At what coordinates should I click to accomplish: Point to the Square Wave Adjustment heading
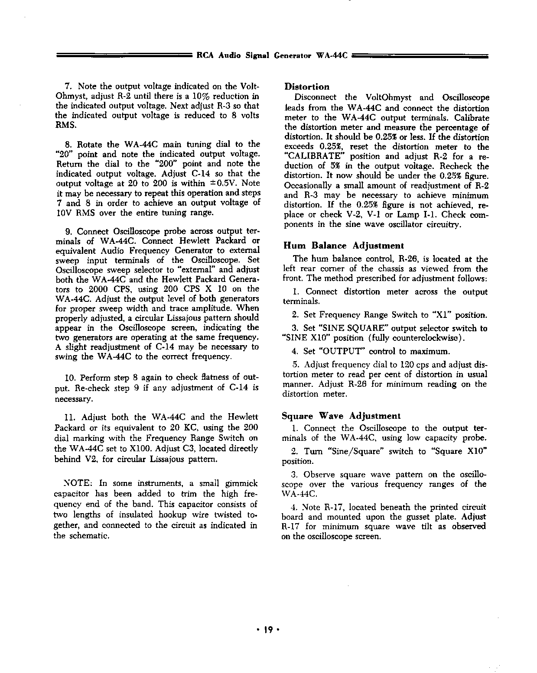pyautogui.click(x=341, y=416)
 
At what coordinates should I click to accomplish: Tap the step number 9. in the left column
pyautogui.click(x=68, y=231)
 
